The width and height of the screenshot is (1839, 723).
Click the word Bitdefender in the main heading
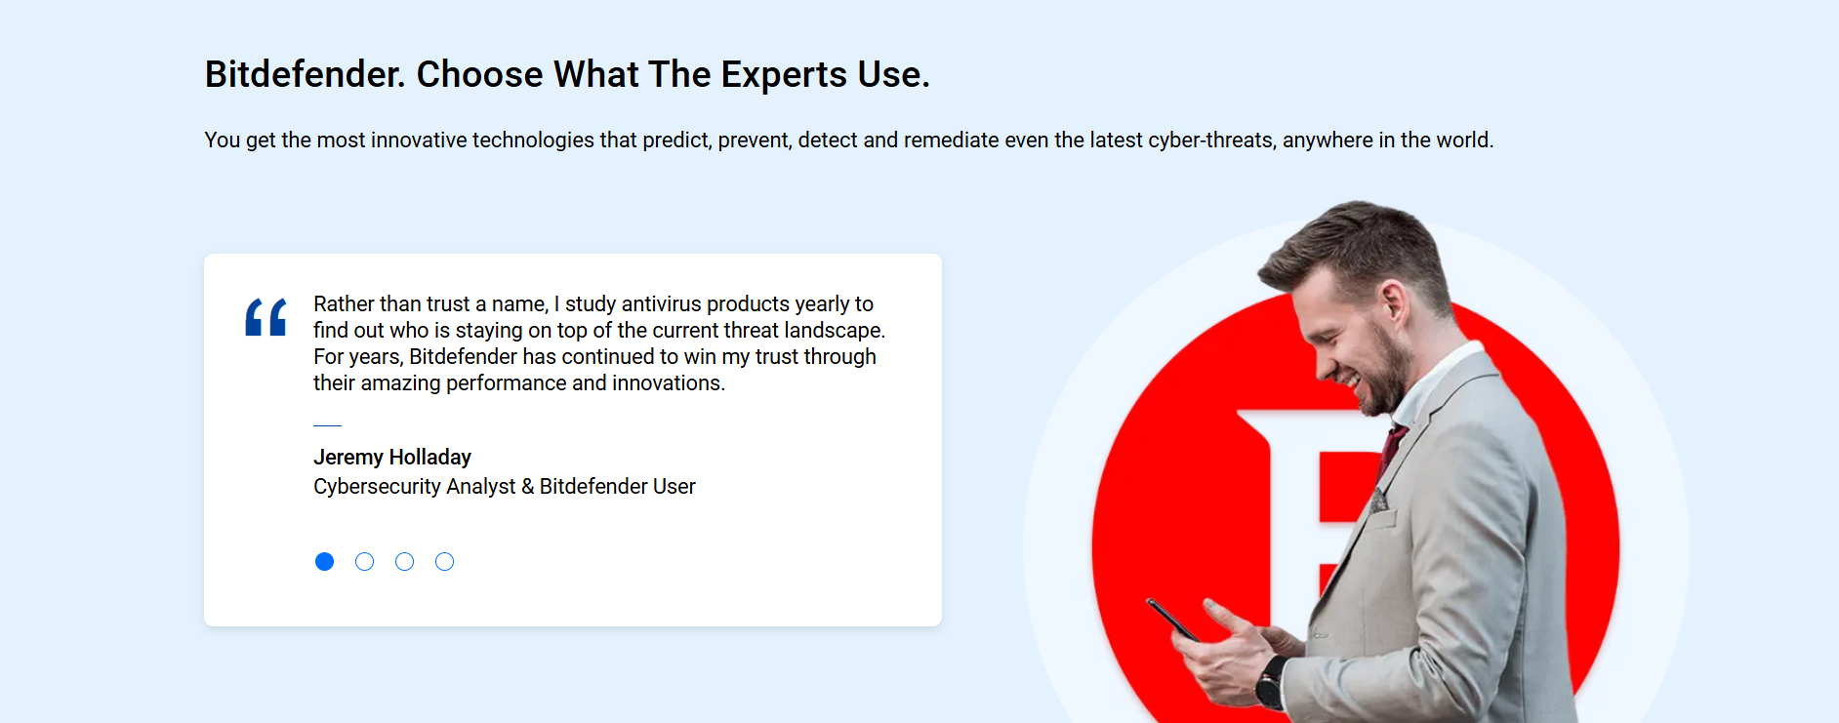(x=305, y=74)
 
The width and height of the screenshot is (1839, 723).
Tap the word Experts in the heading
(x=784, y=75)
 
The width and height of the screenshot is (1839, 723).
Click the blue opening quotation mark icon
(x=266, y=317)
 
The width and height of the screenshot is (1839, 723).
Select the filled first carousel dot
(x=325, y=561)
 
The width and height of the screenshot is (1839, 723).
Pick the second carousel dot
(x=365, y=561)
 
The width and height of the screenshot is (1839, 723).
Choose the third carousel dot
(x=405, y=561)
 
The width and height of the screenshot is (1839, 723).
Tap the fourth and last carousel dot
(x=445, y=561)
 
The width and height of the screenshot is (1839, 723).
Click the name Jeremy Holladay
(x=392, y=457)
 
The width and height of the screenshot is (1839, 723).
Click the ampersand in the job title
(x=528, y=486)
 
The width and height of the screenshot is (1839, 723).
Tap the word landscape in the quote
(x=835, y=330)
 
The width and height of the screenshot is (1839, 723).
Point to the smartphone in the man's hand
(x=1172, y=620)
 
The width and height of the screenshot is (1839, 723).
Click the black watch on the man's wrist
(x=1270, y=682)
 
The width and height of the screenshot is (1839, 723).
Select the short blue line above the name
(x=327, y=425)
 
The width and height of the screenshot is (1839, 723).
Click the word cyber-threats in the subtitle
(x=1210, y=140)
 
